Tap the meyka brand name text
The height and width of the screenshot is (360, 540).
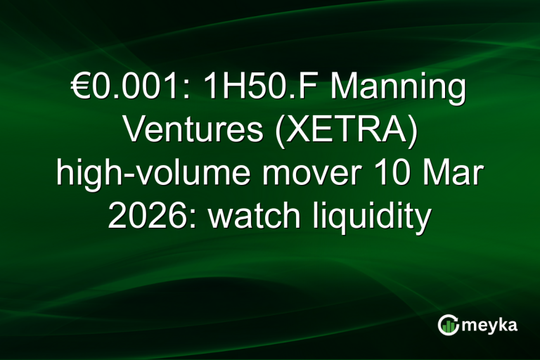click(491, 324)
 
